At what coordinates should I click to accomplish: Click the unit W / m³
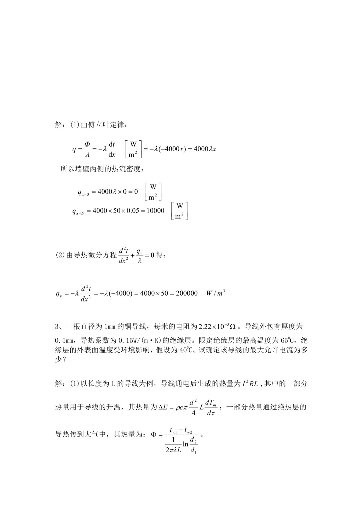(215, 293)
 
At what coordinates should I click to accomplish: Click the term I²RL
(250, 384)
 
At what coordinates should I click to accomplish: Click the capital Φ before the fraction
(154, 434)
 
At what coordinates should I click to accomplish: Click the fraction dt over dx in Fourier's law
(112, 149)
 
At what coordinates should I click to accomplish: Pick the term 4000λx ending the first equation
(205, 149)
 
